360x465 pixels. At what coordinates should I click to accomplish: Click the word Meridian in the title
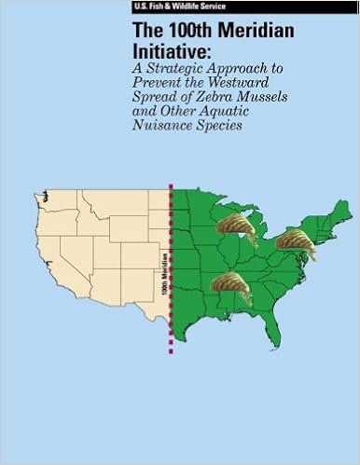coord(243,30)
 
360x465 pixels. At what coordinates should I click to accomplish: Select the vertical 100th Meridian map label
coord(164,268)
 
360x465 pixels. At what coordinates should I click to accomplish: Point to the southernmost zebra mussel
coord(229,286)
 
